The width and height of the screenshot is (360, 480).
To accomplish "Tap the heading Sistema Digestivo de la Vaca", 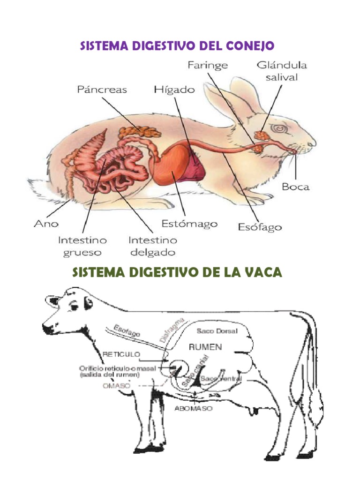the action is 177,272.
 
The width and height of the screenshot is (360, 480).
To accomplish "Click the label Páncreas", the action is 102,89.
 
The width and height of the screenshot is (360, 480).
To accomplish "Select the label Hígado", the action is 174,89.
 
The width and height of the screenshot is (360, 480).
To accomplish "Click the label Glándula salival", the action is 277,71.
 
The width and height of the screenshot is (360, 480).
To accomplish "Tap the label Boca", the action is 295,187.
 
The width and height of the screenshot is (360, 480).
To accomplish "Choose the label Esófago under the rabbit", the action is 259,227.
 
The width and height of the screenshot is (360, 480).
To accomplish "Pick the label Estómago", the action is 189,224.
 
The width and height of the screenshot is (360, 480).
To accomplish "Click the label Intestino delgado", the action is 153,246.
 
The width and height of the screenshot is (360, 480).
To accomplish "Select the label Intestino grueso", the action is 82,246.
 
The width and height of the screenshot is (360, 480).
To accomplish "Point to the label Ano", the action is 46,224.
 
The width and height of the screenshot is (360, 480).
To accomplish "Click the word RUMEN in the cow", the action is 205,347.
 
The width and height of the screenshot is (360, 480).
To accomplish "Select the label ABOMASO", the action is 193,408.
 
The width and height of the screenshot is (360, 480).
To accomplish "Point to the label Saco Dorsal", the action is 217,331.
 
